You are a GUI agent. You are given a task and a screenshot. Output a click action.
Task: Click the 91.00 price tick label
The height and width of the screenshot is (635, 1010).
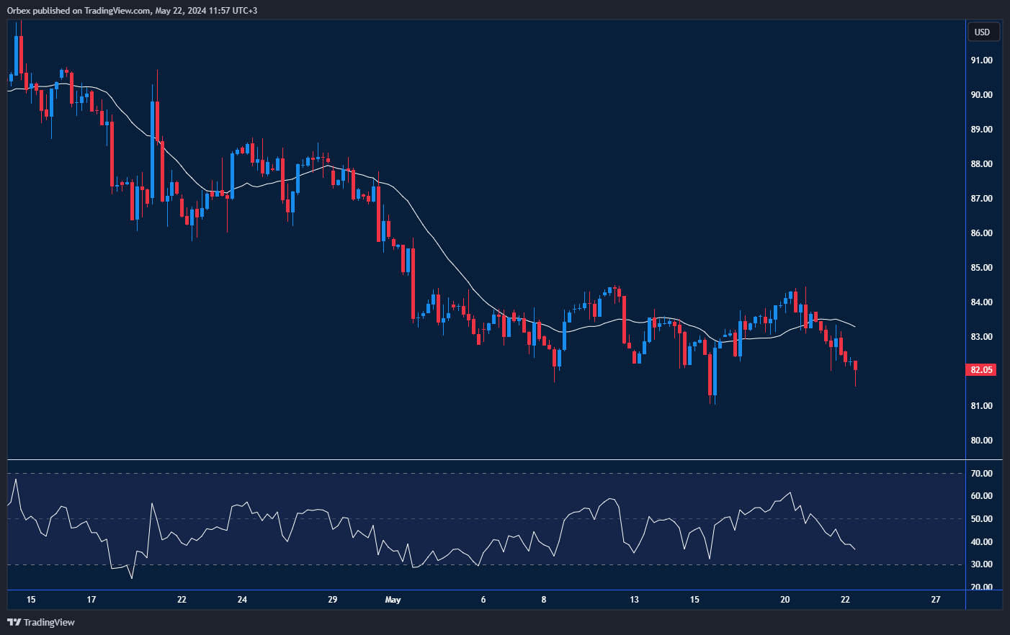click(x=981, y=60)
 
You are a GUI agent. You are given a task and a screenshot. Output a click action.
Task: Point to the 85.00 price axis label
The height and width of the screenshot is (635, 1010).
click(x=981, y=268)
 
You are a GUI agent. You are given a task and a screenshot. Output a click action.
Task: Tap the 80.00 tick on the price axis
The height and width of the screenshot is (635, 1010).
click(x=981, y=441)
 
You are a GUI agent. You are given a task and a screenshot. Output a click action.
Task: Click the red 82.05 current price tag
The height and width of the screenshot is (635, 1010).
click(x=980, y=370)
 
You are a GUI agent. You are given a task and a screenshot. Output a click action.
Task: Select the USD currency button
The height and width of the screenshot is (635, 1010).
click(x=982, y=32)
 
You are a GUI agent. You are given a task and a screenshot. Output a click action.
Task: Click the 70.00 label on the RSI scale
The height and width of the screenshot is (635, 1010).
click(x=981, y=474)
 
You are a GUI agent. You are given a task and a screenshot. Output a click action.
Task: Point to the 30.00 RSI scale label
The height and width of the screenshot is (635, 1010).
click(x=981, y=564)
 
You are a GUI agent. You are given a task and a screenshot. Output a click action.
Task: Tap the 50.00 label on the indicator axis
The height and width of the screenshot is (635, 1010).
click(x=981, y=519)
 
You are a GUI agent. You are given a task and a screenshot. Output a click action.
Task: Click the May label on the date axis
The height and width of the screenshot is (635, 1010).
click(x=393, y=600)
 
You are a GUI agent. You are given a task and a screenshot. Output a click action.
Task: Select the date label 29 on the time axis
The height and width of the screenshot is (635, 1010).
click(x=332, y=600)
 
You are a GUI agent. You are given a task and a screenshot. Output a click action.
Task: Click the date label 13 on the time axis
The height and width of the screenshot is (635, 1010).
click(x=634, y=600)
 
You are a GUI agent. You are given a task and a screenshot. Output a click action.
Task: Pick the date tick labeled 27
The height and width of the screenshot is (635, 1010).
click(x=935, y=600)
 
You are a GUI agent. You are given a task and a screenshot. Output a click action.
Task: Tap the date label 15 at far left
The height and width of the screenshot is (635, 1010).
click(x=30, y=600)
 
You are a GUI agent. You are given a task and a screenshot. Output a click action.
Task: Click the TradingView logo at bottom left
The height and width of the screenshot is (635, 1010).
click(x=41, y=622)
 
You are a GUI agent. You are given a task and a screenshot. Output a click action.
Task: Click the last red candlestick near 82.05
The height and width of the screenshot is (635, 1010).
click(x=855, y=366)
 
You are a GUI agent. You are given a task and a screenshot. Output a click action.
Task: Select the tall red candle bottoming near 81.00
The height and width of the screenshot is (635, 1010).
click(x=710, y=374)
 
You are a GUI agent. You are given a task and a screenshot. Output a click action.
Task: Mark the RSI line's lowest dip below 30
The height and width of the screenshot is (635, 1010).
click(x=131, y=577)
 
